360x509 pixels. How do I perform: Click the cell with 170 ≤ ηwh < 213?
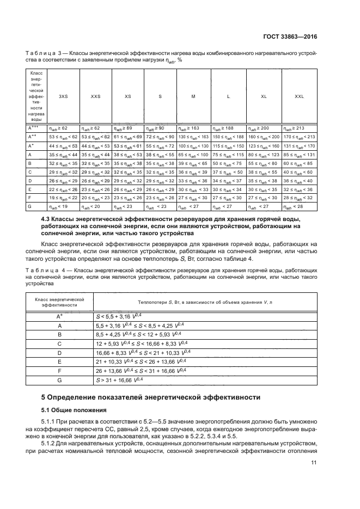[x=299, y=137]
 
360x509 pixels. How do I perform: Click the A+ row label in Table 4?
[x=59, y=316]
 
